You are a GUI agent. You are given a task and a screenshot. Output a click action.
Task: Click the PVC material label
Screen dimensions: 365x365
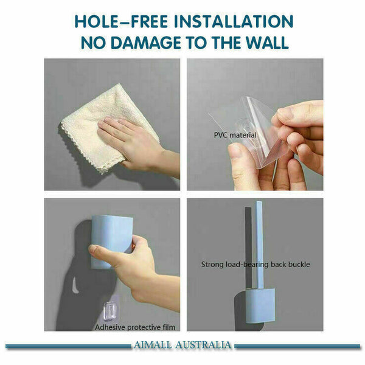click(235, 134)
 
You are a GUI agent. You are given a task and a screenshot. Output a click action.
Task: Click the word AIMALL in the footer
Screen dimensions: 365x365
click(156, 346)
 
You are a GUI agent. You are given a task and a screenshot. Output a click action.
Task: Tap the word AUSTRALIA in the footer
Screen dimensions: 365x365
click(204, 346)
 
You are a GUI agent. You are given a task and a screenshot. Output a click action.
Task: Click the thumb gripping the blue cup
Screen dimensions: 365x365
click(97, 249)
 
